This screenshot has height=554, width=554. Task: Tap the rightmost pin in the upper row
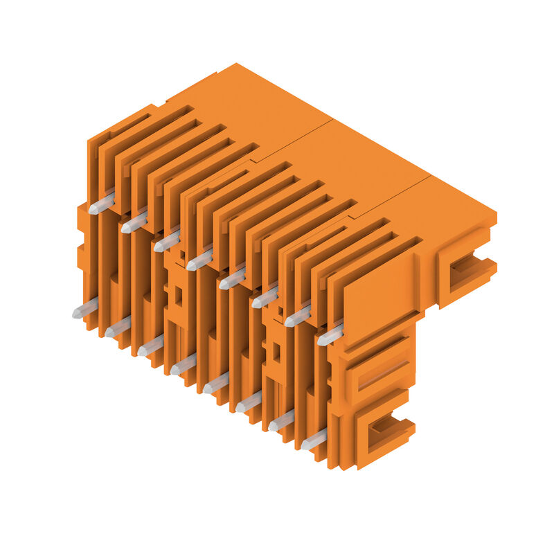tap(330, 336)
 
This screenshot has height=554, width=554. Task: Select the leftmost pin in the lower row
tap(85, 309)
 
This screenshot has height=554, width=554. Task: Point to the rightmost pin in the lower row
tap(314, 440)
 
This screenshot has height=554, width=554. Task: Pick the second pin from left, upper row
tap(134, 222)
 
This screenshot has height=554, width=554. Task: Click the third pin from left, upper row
tap(167, 241)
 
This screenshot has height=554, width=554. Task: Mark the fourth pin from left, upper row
tap(199, 260)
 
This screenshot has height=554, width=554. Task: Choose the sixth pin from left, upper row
tap(265, 298)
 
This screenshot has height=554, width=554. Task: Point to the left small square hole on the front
tap(178, 296)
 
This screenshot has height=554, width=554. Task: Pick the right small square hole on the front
tap(276, 352)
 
